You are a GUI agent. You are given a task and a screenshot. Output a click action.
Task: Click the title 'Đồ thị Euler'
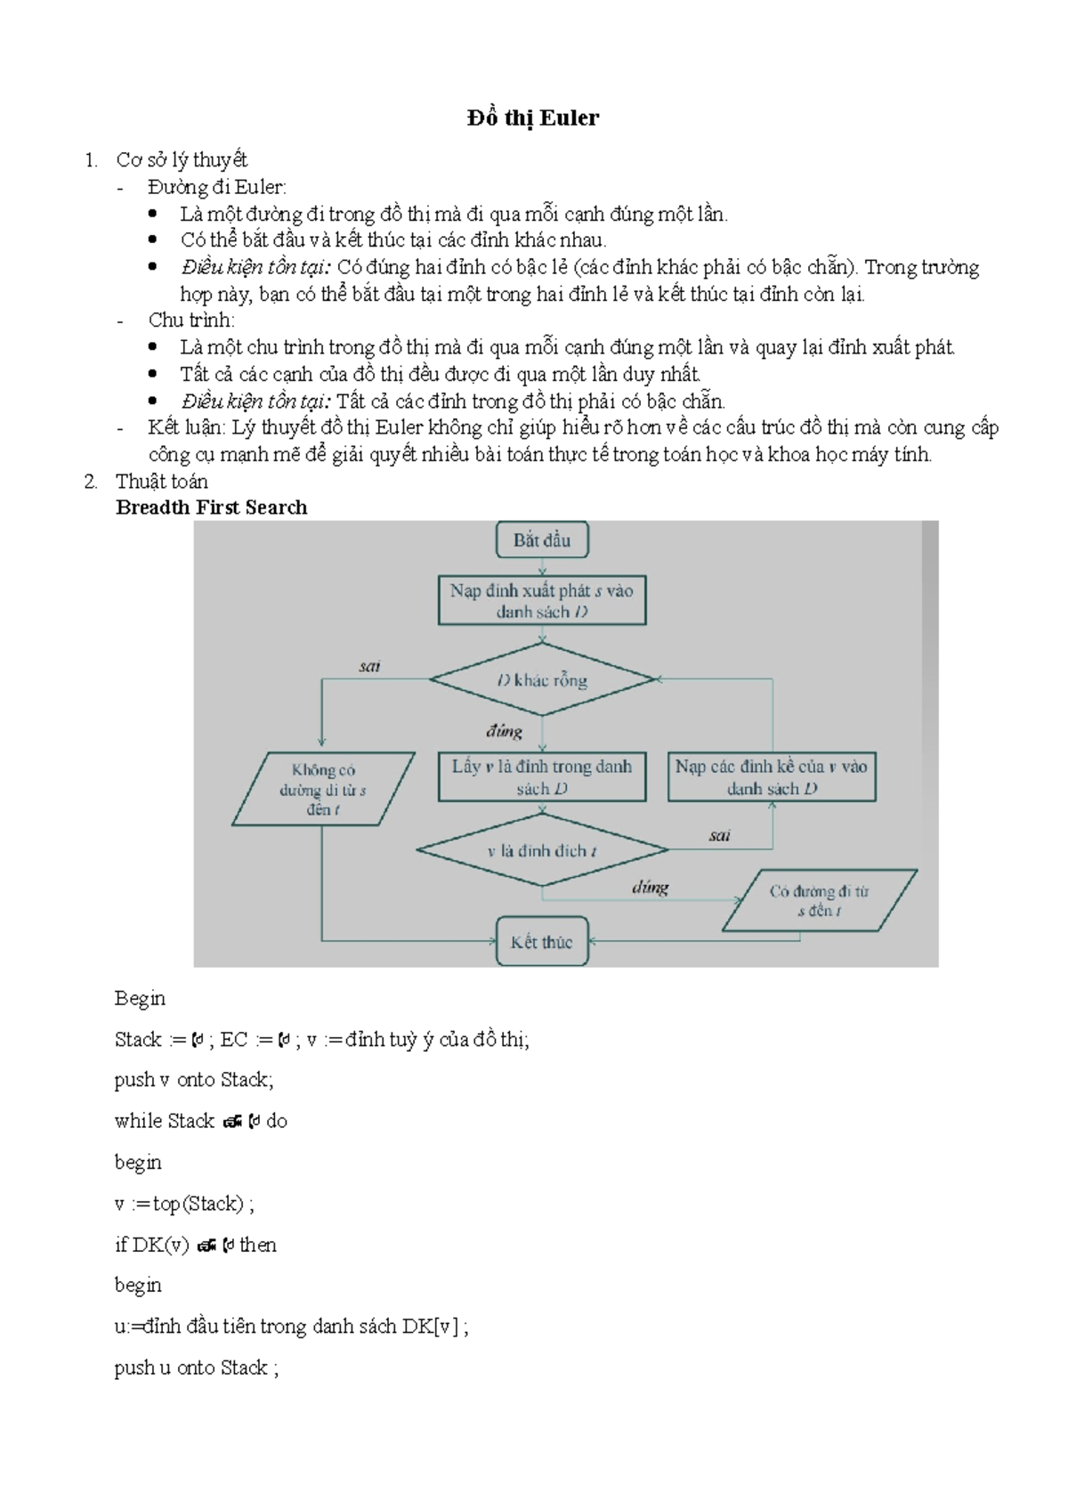(532, 118)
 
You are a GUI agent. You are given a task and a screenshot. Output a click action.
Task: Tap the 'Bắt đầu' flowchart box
(541, 540)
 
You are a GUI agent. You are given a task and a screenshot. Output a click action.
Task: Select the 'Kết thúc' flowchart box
(541, 942)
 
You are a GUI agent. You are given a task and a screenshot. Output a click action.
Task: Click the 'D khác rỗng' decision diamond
(542, 680)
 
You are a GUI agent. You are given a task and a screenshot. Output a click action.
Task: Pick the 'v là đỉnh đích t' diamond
(541, 851)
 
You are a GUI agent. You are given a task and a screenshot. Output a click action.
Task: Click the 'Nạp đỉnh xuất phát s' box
(541, 601)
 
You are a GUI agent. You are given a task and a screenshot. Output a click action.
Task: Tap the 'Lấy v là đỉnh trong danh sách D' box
(541, 777)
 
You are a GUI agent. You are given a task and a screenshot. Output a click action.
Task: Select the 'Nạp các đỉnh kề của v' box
(771, 777)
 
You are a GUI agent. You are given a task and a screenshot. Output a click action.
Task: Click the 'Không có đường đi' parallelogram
(322, 790)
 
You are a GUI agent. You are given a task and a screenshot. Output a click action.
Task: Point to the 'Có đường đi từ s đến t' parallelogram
(819, 900)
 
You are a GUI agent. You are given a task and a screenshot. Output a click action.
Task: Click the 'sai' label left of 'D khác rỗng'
(369, 666)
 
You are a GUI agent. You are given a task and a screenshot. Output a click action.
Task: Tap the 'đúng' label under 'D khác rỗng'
(504, 731)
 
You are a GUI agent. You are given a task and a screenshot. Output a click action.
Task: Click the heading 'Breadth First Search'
(212, 507)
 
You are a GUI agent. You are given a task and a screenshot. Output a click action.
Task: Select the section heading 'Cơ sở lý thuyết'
(182, 160)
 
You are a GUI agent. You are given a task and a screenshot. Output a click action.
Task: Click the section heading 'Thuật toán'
(162, 482)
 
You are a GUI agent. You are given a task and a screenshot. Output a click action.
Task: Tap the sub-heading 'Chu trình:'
(191, 321)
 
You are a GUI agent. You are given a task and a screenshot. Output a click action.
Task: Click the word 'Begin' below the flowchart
(140, 998)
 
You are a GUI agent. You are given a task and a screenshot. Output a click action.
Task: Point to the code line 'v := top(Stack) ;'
(184, 1204)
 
